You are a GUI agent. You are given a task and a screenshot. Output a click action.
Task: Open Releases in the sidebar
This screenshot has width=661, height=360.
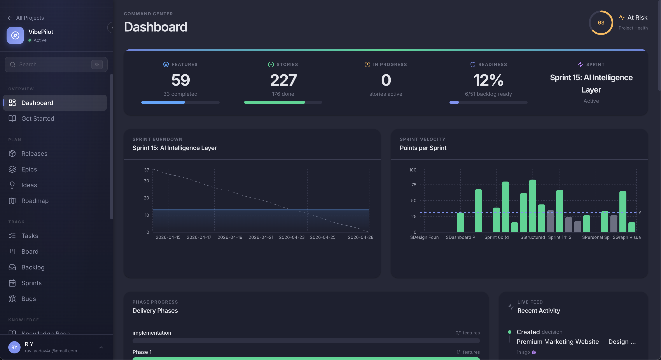click(34, 154)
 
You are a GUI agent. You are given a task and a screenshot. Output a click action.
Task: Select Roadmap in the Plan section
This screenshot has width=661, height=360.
click(35, 201)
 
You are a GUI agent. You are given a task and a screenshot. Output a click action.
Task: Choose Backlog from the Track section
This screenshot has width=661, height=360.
click(33, 267)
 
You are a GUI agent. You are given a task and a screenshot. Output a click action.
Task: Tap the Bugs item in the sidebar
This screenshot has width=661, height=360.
click(28, 299)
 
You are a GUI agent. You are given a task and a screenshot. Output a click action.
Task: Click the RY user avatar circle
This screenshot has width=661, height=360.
click(14, 347)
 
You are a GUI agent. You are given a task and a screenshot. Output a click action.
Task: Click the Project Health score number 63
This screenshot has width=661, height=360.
click(601, 23)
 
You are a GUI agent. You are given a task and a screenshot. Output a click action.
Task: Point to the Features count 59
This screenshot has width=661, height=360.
click(180, 80)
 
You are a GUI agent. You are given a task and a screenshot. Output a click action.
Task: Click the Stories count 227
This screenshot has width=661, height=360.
click(283, 80)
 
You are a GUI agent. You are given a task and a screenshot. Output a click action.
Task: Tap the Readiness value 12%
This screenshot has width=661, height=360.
click(488, 80)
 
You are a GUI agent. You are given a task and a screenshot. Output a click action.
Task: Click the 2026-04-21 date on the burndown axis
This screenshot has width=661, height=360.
click(261, 237)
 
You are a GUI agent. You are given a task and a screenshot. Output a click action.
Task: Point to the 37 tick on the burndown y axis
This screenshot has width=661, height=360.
click(146, 170)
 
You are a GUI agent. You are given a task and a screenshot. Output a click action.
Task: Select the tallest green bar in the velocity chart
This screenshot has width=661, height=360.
click(532, 205)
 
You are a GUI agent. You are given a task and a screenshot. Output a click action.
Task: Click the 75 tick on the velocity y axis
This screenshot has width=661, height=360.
click(413, 185)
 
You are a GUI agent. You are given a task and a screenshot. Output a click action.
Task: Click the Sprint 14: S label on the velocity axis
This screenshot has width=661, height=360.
click(560, 237)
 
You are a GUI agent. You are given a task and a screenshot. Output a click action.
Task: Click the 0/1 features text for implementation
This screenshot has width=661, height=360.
click(467, 333)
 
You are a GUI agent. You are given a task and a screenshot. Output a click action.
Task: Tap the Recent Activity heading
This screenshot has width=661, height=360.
click(538, 311)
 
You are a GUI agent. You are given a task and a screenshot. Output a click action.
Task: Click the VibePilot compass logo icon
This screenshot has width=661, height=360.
click(15, 35)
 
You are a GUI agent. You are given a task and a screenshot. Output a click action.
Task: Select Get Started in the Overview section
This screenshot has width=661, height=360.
click(38, 119)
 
